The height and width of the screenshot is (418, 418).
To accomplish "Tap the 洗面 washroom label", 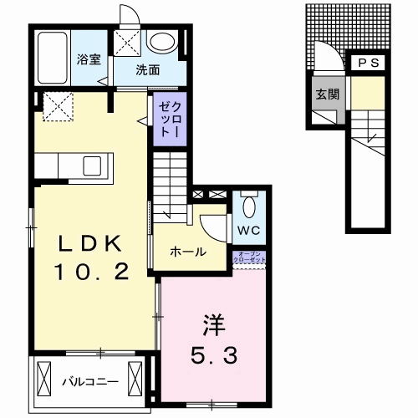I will [148, 69].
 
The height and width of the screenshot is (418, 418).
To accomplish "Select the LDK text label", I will [91, 243].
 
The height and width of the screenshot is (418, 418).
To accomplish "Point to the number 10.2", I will [91, 273].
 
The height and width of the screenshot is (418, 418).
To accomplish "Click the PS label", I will [368, 63].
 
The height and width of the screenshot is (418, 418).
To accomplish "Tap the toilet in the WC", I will [248, 205].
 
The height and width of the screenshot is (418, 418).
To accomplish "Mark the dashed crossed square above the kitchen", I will [57, 107].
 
